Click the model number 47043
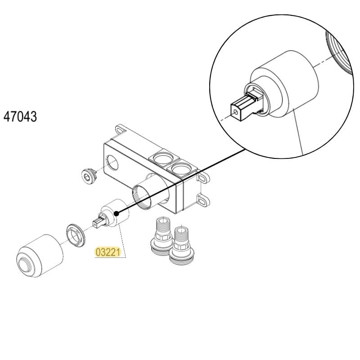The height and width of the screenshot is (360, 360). [20, 117]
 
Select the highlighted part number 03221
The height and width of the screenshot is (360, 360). [108, 252]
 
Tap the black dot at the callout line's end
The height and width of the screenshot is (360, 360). [117, 214]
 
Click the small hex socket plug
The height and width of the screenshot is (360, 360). [89, 176]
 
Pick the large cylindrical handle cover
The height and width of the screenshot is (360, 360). [40, 256]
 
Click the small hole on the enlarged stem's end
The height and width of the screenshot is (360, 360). [235, 112]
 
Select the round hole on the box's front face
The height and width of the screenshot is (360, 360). [112, 162]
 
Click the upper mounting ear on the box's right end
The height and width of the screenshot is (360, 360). [203, 178]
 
